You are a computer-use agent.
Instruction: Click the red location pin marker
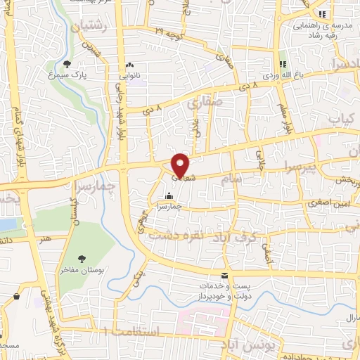tap(181, 164)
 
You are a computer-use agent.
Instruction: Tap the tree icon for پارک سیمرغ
tap(67, 63)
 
